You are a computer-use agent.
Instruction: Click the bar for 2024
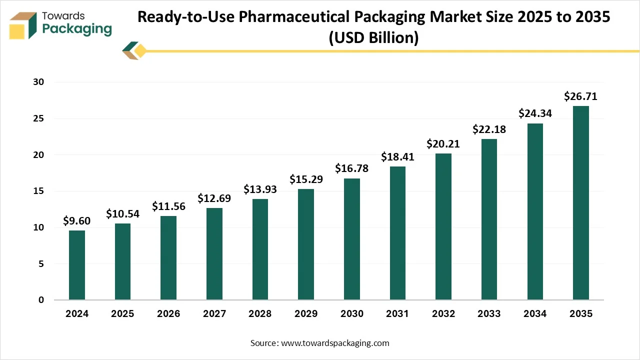click(77, 265)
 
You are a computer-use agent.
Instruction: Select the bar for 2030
click(352, 239)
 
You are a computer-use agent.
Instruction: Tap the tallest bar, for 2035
click(581, 203)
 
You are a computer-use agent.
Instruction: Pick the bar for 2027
click(214, 254)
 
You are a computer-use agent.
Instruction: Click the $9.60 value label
click(77, 220)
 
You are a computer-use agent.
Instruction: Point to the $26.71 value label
click(580, 96)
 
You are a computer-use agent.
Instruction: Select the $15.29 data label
click(306, 179)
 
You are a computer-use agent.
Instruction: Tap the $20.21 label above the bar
click(443, 144)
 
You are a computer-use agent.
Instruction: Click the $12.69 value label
click(214, 198)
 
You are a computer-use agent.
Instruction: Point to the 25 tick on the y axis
click(38, 118)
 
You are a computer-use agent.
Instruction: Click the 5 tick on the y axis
click(41, 263)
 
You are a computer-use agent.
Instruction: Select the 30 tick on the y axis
click(38, 82)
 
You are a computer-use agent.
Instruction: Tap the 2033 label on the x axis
click(489, 314)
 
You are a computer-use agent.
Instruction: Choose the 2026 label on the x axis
click(168, 314)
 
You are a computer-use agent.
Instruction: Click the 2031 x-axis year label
click(397, 314)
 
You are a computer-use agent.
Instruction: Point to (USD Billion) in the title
click(373, 37)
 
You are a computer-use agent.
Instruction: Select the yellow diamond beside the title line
click(140, 50)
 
